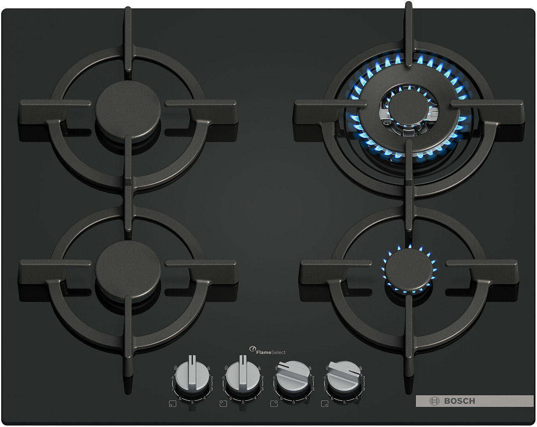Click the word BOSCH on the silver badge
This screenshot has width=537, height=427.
pyautogui.click(x=459, y=401)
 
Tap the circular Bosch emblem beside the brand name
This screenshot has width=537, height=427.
pyautogui.click(x=434, y=401)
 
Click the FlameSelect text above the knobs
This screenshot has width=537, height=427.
pyautogui.click(x=271, y=352)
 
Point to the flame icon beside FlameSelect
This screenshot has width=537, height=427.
pyautogui.click(x=252, y=349)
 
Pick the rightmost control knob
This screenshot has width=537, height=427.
pyautogui.click(x=344, y=376)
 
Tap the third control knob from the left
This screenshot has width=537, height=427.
pyautogui.click(x=294, y=376)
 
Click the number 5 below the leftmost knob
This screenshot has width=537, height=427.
pyautogui.click(x=192, y=402)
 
